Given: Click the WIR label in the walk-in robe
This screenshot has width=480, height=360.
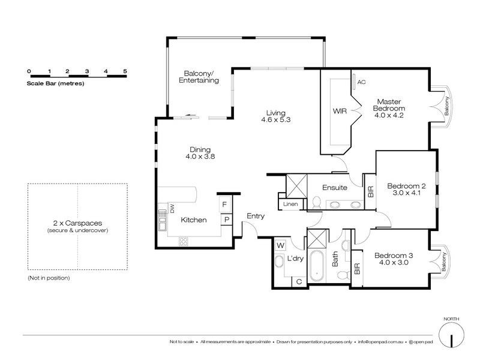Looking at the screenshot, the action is (x=340, y=111).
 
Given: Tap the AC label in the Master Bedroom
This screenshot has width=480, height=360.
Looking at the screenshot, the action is (x=361, y=82).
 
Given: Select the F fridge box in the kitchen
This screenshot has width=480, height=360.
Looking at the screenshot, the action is (x=224, y=204).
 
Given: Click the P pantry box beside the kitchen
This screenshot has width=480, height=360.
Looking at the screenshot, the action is (x=227, y=220).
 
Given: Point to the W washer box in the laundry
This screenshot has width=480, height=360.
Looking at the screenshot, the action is (x=280, y=245).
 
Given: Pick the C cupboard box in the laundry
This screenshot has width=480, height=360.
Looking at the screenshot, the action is (x=299, y=281).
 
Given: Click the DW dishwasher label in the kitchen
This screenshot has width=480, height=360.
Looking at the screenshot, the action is (x=172, y=208).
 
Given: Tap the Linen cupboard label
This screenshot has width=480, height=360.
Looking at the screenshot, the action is (x=290, y=204).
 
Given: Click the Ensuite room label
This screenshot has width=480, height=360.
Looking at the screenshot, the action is (x=335, y=187).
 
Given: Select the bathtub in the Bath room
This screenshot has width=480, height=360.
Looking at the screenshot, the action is (x=317, y=266).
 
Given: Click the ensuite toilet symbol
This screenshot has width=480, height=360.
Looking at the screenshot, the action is (x=317, y=203).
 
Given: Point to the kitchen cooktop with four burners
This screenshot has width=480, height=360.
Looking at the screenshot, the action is (x=184, y=241).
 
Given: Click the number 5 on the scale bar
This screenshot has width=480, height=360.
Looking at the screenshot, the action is (x=125, y=71).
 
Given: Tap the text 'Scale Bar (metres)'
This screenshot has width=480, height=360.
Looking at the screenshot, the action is (x=55, y=83).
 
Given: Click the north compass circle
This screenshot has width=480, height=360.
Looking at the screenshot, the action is (x=451, y=336).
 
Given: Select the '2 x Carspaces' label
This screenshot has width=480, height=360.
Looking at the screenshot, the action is (x=77, y=223).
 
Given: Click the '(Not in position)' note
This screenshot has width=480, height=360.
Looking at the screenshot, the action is (x=49, y=278).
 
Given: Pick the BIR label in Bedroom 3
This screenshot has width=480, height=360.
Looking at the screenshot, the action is (x=357, y=268).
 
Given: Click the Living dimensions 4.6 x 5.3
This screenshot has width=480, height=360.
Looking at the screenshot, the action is (x=276, y=119).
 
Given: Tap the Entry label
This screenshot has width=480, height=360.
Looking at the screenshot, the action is (x=256, y=216).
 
